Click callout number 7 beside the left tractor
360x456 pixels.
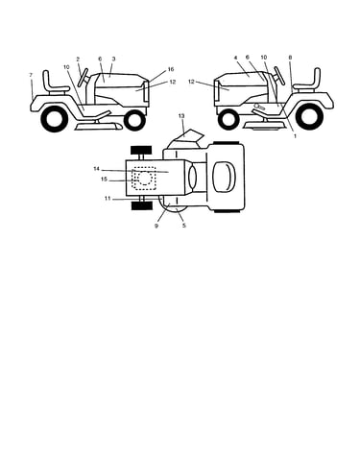[x=31, y=75]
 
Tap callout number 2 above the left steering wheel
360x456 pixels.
[x=78, y=60]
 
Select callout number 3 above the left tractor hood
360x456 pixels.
[x=113, y=59]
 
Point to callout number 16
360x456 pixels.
[x=171, y=69]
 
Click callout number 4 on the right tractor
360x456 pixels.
[x=235, y=58]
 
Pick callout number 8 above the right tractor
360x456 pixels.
[x=290, y=58]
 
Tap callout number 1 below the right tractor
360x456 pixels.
[x=295, y=136]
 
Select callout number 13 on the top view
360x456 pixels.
[x=181, y=116]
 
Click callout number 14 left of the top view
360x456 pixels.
[x=97, y=169]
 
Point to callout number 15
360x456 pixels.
[x=104, y=180]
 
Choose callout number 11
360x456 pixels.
[x=108, y=199]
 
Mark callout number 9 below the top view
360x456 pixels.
[x=156, y=226]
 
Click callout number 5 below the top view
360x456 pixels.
[x=184, y=226]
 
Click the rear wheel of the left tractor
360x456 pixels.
[x=55, y=119]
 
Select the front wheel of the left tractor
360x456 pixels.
[x=134, y=120]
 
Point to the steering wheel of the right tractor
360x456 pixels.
[x=279, y=76]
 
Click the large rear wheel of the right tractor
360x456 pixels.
[x=307, y=116]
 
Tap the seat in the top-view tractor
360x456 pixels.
[x=226, y=178]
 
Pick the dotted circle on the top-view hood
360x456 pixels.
[x=144, y=178]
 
